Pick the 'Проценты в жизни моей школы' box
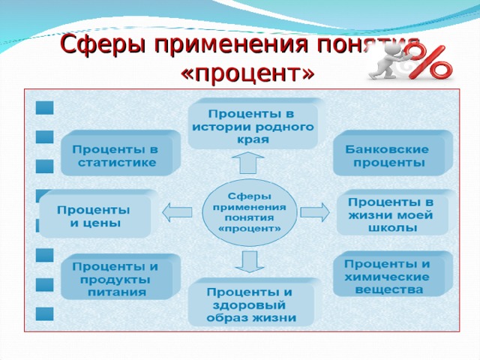391,215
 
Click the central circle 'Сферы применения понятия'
250,211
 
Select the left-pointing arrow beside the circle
178,212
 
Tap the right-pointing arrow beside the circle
314,212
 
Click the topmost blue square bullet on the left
45,107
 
